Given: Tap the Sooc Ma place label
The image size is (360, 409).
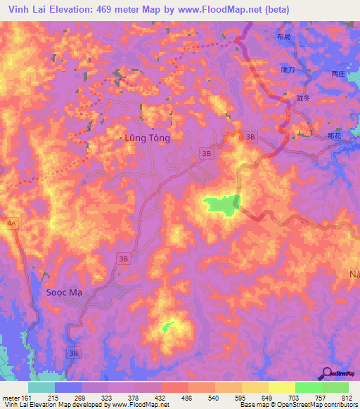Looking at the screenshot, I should tap(63, 292).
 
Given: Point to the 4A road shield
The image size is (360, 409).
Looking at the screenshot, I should tap(11, 223).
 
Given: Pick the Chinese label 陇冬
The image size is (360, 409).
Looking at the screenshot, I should tap(303, 98).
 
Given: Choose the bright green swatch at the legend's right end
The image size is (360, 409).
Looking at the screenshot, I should tap(335, 387).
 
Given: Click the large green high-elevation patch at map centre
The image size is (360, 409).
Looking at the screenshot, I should tap(221, 205).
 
